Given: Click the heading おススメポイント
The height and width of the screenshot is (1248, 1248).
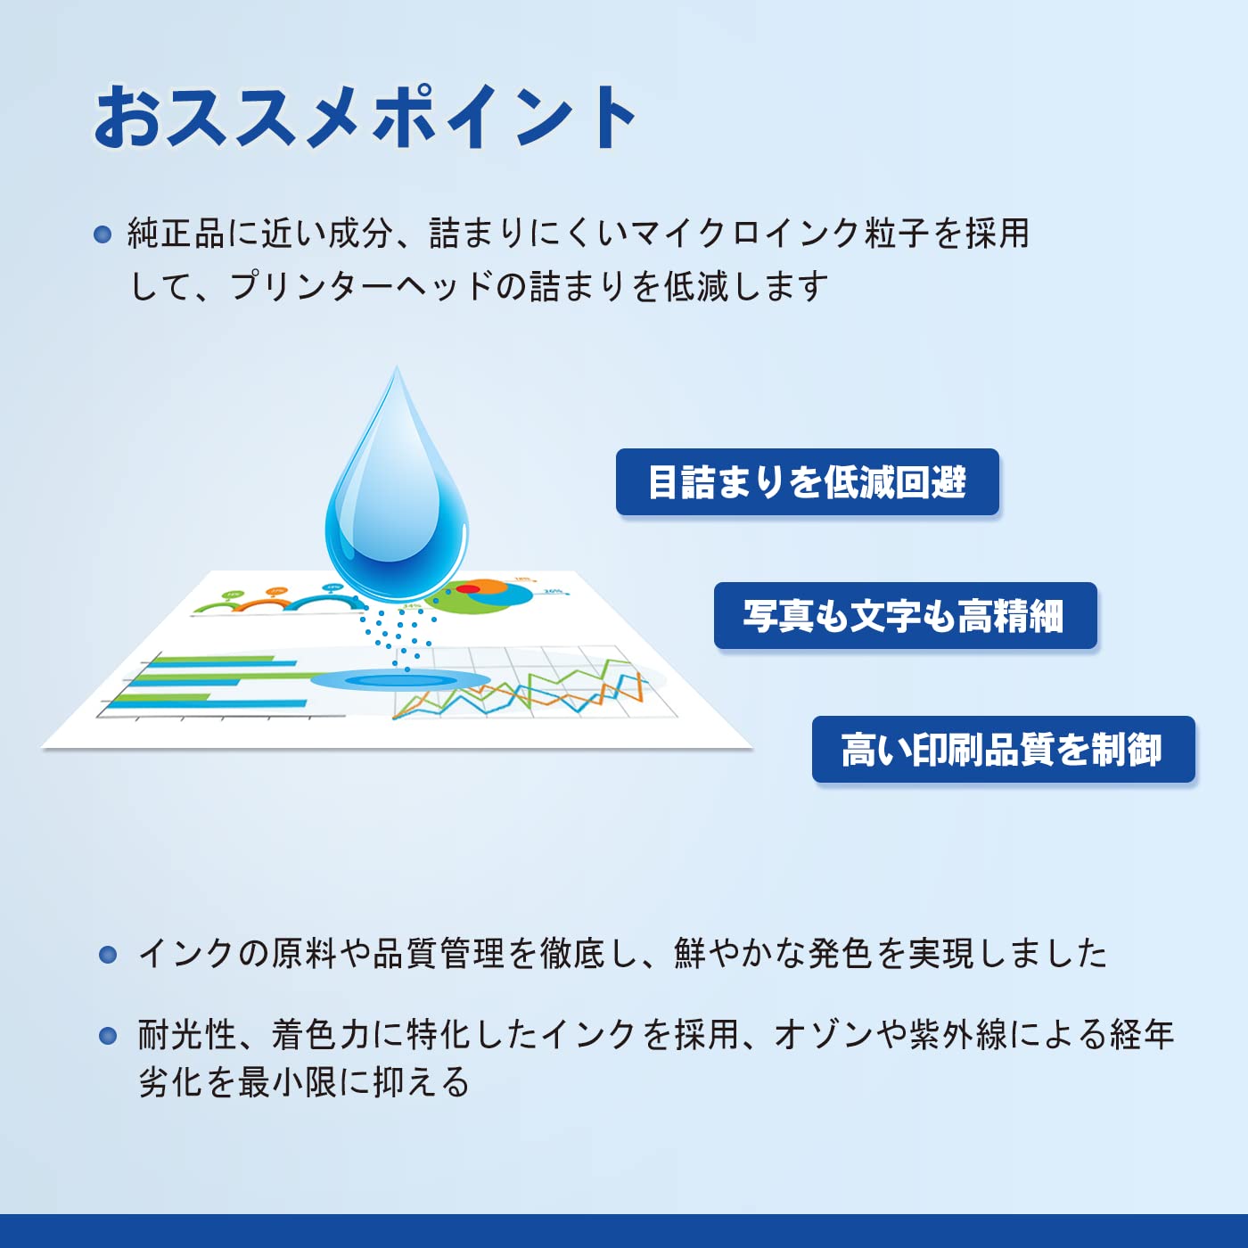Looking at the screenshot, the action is [x=364, y=118].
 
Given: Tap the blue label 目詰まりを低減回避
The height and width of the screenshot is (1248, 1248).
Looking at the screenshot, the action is [x=807, y=482].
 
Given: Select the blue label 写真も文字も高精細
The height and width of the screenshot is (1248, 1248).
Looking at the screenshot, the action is [x=906, y=615].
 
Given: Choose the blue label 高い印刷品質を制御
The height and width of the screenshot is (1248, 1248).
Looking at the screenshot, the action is [x=1003, y=750].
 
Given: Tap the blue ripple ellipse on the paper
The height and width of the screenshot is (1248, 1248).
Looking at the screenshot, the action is [x=400, y=680].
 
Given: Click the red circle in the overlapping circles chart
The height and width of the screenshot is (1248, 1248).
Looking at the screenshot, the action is [x=468, y=588].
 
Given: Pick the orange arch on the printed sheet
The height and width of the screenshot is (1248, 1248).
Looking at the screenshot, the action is [x=264, y=604].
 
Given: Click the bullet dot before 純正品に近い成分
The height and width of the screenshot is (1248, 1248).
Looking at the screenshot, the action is [x=103, y=234].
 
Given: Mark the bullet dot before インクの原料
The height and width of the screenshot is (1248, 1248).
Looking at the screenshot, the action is [x=108, y=955].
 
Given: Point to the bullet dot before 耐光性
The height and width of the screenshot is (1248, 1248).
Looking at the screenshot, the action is [x=108, y=1036].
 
